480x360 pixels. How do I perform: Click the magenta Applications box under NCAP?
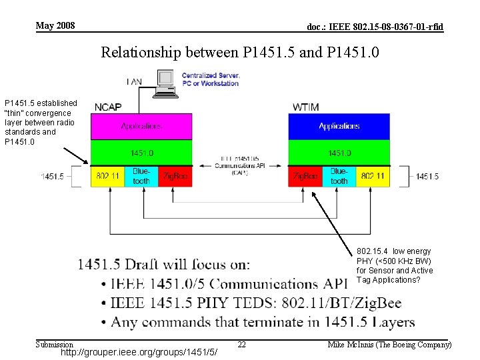click(x=141, y=126)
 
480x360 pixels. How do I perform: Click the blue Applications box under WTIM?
click(x=339, y=126)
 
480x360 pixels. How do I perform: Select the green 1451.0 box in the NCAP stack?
click(x=141, y=153)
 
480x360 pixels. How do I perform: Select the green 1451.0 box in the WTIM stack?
click(x=339, y=153)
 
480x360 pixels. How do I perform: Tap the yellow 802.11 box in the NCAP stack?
click(x=107, y=176)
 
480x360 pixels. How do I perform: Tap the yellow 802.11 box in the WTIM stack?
click(x=372, y=176)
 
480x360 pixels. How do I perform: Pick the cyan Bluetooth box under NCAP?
click(x=141, y=176)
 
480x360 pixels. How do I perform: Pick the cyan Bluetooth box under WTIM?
click(x=339, y=176)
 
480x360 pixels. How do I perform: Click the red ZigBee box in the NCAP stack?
click(x=175, y=176)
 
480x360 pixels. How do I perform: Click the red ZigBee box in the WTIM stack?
click(x=305, y=176)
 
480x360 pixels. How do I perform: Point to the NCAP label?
click(x=108, y=107)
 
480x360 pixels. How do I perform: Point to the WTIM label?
click(x=306, y=107)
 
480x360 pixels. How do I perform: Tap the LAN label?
click(x=133, y=81)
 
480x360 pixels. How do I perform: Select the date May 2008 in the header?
click(x=55, y=26)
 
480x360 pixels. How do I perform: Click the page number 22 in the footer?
click(x=242, y=344)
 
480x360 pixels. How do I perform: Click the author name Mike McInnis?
click(x=389, y=344)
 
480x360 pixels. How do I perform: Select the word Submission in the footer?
click(x=54, y=344)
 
